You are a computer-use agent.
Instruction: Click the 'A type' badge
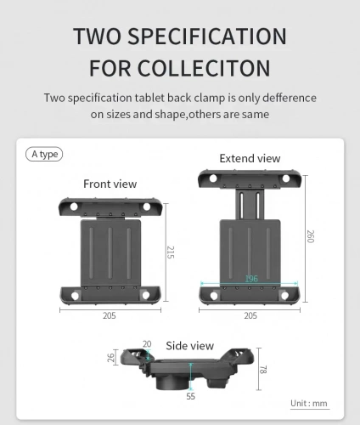click(44, 154)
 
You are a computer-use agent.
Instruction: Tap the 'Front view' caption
click(110, 184)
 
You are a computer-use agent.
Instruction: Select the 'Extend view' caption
click(250, 158)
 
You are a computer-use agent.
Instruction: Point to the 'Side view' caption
click(189, 346)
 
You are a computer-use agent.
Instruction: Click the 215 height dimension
click(171, 252)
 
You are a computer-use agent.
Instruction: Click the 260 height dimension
click(311, 236)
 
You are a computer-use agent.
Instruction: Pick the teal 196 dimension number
click(251, 279)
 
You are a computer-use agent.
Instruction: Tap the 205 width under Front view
click(110, 315)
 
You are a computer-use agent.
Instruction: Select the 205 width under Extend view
click(250, 315)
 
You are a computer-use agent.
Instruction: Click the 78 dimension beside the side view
click(263, 370)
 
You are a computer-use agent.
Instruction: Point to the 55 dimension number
click(191, 396)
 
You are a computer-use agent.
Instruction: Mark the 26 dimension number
click(111, 358)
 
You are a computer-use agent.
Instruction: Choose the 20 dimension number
click(147, 344)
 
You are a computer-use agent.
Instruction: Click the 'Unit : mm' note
click(309, 403)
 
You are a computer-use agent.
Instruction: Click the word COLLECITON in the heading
click(204, 68)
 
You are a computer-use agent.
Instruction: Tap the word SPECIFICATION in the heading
click(207, 36)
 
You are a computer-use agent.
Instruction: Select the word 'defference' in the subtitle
click(290, 98)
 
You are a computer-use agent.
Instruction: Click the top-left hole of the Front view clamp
click(74, 207)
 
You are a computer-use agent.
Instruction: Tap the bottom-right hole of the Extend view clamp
click(284, 296)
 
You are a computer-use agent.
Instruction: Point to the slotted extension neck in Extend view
click(250, 204)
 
